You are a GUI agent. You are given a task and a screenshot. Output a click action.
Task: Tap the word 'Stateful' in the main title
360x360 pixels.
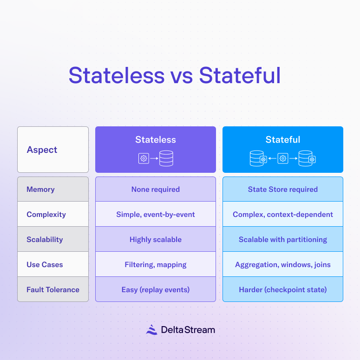point(240,76)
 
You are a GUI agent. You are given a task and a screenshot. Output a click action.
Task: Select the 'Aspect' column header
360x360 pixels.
point(42,150)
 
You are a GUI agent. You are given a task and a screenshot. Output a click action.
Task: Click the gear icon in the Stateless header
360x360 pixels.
point(144,159)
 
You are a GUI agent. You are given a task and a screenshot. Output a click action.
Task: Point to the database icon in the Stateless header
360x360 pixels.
point(166,159)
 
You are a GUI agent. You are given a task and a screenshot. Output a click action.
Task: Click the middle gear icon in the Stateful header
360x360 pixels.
point(282,159)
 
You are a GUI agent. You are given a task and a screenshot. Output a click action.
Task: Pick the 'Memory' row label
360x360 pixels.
point(40,189)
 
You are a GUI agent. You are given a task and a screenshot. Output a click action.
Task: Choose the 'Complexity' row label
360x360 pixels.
point(46,214)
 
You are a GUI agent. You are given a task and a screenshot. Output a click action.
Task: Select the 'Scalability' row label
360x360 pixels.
point(45,239)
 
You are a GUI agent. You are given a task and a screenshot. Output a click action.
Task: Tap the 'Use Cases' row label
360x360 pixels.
point(45,264)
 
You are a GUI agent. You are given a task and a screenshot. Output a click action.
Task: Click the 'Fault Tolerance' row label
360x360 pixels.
point(52,289)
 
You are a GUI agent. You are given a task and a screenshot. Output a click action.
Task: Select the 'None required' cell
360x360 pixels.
point(156,189)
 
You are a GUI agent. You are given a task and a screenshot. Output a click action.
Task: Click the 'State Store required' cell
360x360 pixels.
point(282,189)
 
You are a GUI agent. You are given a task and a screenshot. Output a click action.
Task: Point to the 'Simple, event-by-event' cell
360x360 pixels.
point(156,214)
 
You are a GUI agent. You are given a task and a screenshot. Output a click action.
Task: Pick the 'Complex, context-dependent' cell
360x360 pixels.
point(282,214)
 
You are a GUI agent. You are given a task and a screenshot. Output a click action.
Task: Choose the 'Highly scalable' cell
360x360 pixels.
point(156,239)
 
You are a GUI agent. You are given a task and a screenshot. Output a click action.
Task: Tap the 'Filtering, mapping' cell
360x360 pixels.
point(156,264)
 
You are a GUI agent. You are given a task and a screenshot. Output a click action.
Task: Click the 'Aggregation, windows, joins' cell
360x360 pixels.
point(282,264)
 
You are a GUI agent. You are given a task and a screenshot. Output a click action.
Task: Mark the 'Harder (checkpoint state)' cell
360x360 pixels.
point(282,289)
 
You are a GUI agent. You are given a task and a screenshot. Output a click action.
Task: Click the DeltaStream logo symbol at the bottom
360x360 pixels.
point(151,330)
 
